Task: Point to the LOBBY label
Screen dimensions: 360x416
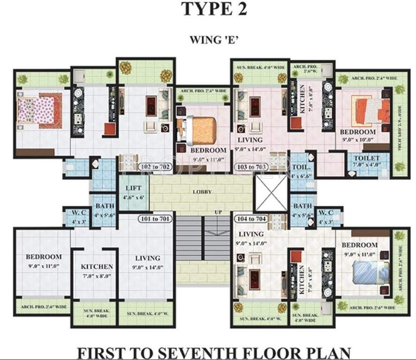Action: [x=202, y=192]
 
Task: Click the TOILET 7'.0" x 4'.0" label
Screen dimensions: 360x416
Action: [x=367, y=162]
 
